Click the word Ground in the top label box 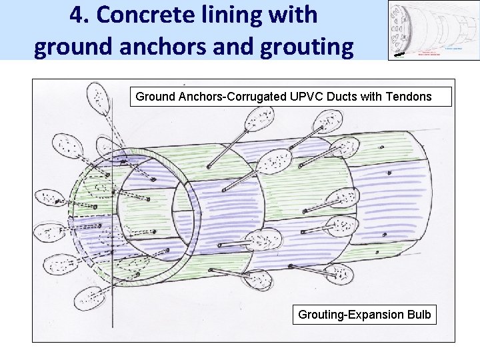coord(155,97)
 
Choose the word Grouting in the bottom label coord(321,314)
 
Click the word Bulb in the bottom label coord(418,314)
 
